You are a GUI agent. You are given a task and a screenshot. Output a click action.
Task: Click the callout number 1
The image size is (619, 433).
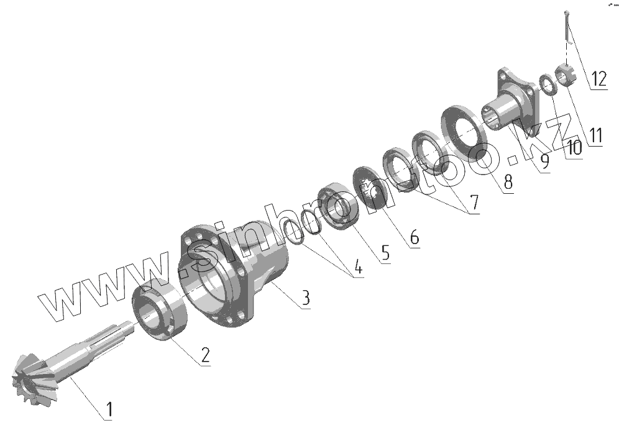tap(109, 409)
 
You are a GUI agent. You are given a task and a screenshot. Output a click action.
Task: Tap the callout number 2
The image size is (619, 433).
tap(206, 355)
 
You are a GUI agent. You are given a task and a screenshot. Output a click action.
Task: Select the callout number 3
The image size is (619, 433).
tap(306, 298)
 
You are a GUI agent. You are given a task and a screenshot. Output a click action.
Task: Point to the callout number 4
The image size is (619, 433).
tap(357, 267)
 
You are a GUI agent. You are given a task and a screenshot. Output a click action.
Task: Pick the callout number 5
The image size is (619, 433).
tap(385, 253)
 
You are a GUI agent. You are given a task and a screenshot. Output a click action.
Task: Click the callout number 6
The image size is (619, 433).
tap(414, 237)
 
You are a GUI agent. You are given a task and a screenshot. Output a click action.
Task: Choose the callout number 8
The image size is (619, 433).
tap(508, 182)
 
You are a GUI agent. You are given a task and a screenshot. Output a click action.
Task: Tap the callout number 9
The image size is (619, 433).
tap(544, 162)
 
